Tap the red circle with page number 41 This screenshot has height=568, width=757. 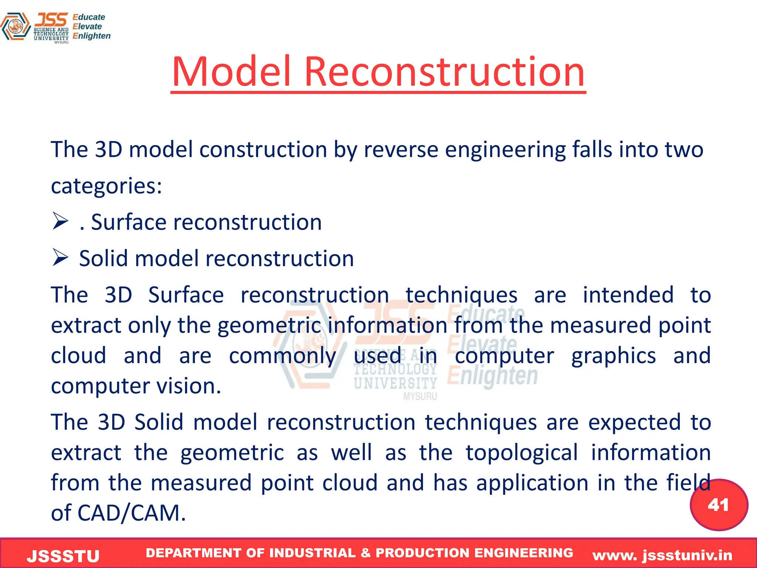[x=719, y=505]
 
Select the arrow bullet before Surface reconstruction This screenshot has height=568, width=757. [x=60, y=222]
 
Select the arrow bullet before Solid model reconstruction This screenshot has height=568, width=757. [x=60, y=258]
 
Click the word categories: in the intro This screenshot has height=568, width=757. [x=106, y=186]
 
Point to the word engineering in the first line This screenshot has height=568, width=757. [x=505, y=150]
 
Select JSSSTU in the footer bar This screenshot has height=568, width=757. [x=63, y=556]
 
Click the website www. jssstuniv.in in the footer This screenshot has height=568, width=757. [x=662, y=555]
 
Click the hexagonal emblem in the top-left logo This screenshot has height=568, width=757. [x=15, y=27]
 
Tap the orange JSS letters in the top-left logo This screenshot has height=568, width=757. [x=51, y=20]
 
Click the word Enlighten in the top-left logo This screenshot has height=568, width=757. [x=92, y=36]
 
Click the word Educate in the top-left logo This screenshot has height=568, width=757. [x=89, y=17]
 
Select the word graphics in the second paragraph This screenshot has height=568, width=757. [x=614, y=356]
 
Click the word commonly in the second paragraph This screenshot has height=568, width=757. [x=282, y=356]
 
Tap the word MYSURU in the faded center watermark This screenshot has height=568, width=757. [x=420, y=397]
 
